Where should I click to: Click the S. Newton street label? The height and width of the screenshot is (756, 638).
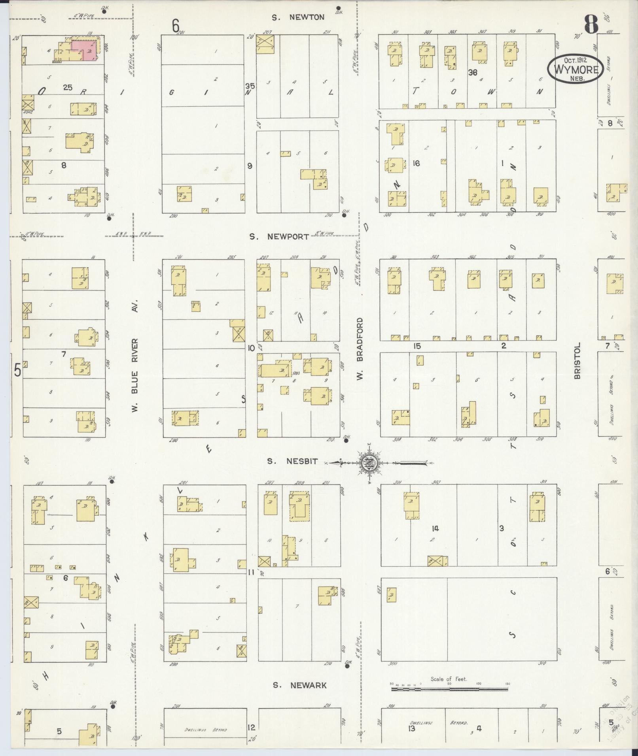point(298,17)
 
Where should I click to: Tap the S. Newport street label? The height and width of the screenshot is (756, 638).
point(279,237)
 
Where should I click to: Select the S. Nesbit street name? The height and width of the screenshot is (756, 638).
point(292,461)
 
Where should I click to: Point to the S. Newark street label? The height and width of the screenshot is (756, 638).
point(300,685)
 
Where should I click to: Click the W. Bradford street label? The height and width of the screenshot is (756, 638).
point(360,350)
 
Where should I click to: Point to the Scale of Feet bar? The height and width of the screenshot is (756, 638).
point(449,689)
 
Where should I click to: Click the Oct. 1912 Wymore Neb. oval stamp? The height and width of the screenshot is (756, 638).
point(576,68)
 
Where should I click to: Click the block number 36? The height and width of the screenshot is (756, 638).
point(472,72)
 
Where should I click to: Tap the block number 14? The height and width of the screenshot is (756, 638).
point(435,528)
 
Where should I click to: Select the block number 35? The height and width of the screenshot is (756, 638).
point(250,86)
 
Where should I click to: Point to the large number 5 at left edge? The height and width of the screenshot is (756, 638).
point(17,370)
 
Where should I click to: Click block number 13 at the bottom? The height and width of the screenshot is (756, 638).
point(411,728)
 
